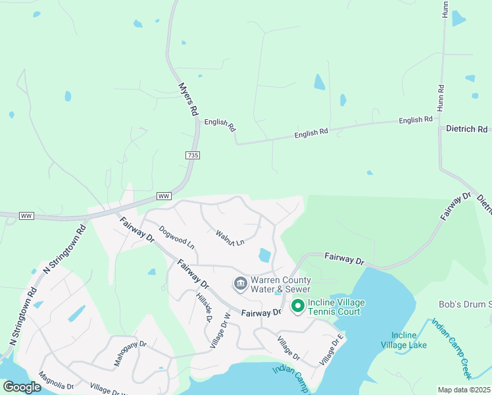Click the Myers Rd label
[188, 99]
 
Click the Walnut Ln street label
[230, 237]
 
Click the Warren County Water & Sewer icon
[240, 284]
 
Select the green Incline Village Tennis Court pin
[297, 305]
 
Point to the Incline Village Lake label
[408, 340]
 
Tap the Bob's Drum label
[465, 304]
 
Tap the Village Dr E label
[332, 350]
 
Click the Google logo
[21, 387]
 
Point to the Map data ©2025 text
[464, 390]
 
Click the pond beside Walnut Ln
[265, 255]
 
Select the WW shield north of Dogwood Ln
[164, 197]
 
